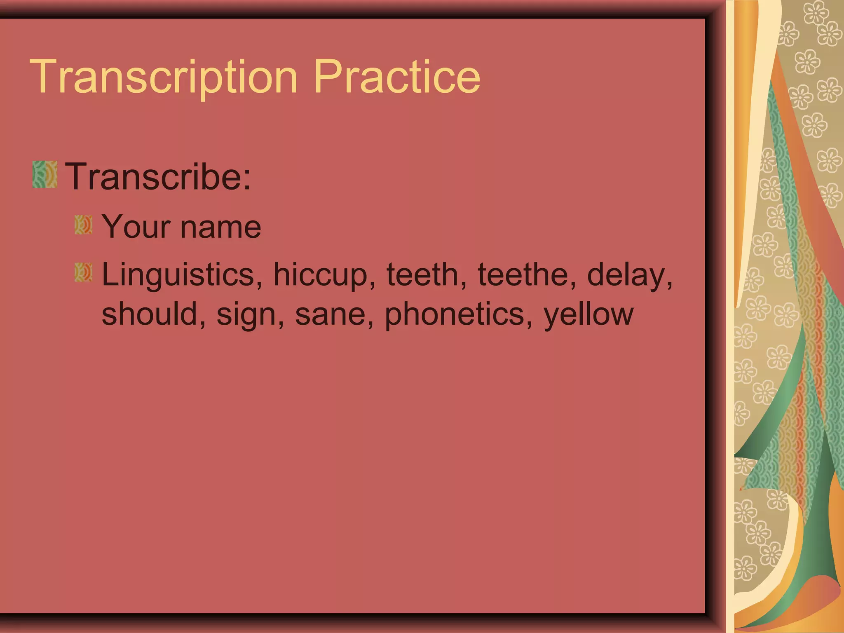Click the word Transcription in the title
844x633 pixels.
[x=163, y=77]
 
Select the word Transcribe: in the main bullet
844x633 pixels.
[x=158, y=176]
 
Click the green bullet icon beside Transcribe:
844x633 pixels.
[x=45, y=175]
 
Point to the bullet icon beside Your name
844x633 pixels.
[x=83, y=225]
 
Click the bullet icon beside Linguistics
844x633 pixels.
[x=83, y=272]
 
